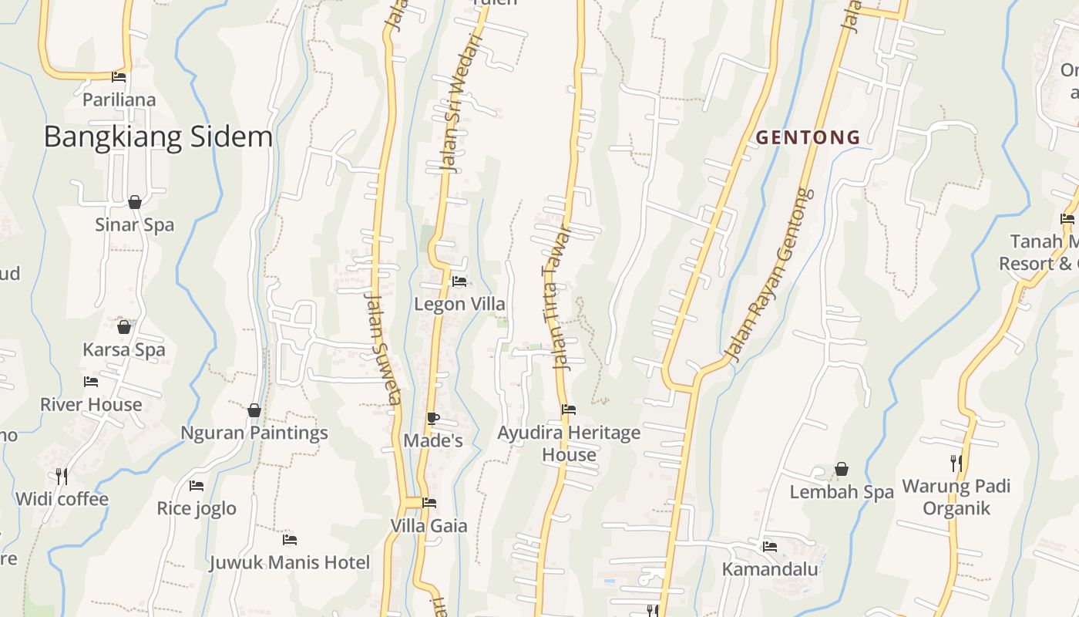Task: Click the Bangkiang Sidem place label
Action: click(x=158, y=137)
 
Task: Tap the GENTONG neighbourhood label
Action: click(x=808, y=138)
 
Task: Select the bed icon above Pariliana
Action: click(x=119, y=77)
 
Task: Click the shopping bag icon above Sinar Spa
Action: click(x=135, y=202)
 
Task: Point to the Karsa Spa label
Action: click(x=124, y=349)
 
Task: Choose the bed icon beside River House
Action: click(x=91, y=382)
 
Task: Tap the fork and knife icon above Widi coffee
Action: click(x=62, y=476)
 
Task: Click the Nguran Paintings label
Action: click(x=254, y=433)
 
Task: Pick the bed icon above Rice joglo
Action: click(x=197, y=486)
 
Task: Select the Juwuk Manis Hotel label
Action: click(x=290, y=562)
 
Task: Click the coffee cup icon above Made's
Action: click(x=433, y=418)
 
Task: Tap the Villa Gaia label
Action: click(x=429, y=526)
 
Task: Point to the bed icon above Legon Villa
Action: click(x=459, y=282)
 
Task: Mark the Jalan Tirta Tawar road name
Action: click(x=558, y=297)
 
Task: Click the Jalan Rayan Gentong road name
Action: click(x=771, y=274)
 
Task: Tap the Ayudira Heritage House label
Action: click(x=569, y=443)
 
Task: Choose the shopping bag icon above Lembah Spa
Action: click(x=842, y=469)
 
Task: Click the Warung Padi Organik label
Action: click(x=956, y=497)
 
